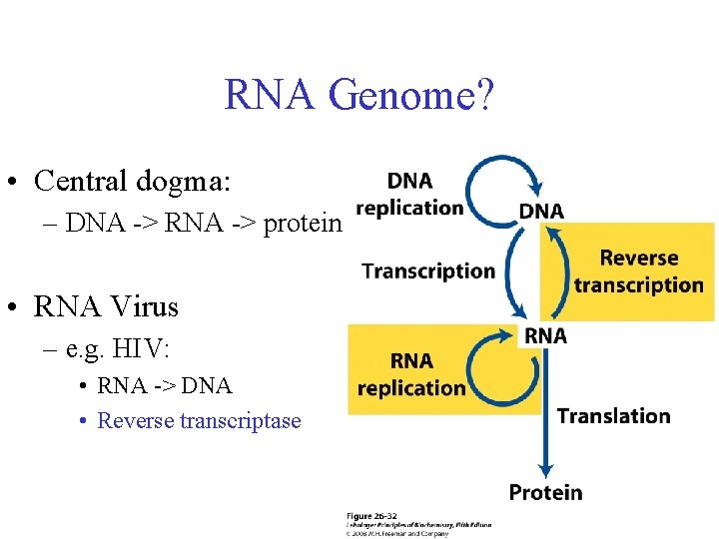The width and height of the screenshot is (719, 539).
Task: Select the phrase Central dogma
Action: click(x=131, y=181)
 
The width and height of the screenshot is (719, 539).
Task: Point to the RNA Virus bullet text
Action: click(x=106, y=306)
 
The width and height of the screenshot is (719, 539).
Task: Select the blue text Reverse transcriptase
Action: click(x=199, y=420)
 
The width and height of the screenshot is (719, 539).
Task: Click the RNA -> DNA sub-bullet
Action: click(x=165, y=385)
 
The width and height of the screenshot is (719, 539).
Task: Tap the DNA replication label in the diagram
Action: click(x=409, y=194)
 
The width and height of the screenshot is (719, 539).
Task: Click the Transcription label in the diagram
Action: click(x=428, y=270)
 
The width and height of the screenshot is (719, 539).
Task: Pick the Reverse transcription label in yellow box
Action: click(x=638, y=271)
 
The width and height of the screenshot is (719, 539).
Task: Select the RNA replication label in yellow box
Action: click(x=411, y=373)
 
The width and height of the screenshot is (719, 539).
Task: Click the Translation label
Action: click(x=613, y=415)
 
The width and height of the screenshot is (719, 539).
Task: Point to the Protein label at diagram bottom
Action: click(x=545, y=491)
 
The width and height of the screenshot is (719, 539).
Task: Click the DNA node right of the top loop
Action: click(x=541, y=211)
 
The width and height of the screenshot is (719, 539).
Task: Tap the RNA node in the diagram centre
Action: click(x=545, y=335)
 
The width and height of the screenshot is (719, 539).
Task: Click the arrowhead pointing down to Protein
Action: click(x=545, y=467)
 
